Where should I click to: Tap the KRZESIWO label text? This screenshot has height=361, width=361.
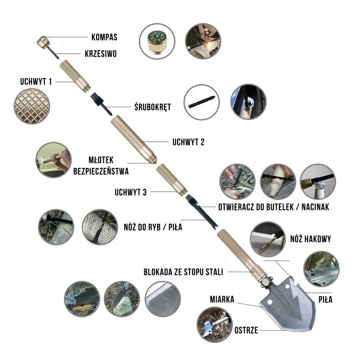coord(101,53)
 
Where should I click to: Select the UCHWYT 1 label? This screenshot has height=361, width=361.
coord(37,82)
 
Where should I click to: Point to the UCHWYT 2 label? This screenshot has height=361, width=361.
coord(189,142)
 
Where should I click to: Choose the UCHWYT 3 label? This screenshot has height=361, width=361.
coord(130,192)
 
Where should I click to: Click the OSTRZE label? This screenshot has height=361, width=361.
coord(246,330)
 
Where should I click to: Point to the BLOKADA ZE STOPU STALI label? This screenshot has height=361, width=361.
coord(184,272)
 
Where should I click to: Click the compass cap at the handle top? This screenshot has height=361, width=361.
coord(44,43)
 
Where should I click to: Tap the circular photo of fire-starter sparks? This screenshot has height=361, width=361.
coord(204,41)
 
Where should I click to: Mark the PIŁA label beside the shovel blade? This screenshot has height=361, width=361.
coord(325,299)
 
